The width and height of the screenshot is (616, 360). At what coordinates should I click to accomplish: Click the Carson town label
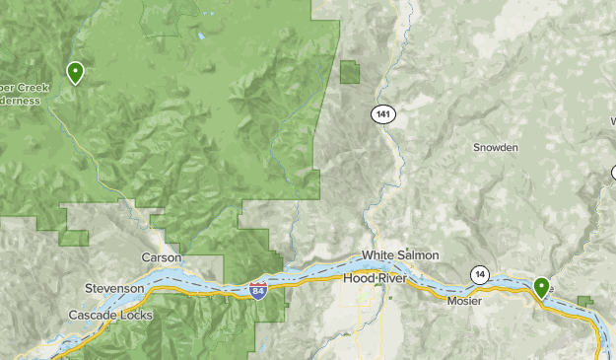pos(162,257)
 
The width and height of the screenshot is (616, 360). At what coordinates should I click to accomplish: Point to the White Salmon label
pos(400,255)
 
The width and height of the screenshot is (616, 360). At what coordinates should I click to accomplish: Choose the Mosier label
pos(464,301)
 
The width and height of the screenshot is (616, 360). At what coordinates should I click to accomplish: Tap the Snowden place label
pos(495,147)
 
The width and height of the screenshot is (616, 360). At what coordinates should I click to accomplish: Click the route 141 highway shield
pos(383,115)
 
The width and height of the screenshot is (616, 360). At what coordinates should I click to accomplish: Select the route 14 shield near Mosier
pos(480,273)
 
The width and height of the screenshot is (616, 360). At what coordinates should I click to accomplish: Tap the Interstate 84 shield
pos(258,291)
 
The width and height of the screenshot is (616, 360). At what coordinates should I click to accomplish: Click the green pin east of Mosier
pos(541,287)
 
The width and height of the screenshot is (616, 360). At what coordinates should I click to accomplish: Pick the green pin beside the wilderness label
pos(75,72)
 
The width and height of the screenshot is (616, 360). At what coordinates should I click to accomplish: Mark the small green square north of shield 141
pos(350,71)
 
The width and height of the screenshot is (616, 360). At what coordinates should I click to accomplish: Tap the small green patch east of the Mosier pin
pos(585,301)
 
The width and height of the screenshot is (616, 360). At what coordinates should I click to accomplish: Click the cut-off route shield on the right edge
pos(612,174)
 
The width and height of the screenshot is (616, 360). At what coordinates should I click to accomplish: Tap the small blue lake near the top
pos(201,36)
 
